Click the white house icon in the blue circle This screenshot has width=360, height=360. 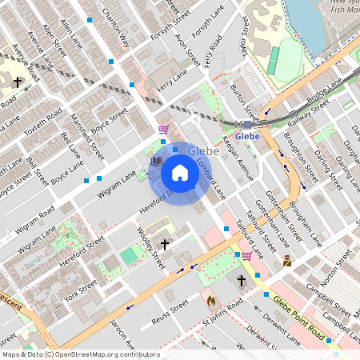pyautogui.click(x=180, y=172)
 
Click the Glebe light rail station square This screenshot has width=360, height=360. pyautogui.click(x=247, y=124)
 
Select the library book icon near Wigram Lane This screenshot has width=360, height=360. pyautogui.click(x=157, y=161)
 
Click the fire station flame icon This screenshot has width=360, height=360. pyautogui.click(x=211, y=300)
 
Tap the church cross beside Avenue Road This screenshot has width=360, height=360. pyautogui.click(x=18, y=82)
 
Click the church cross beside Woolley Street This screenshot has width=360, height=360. pyautogui.click(x=165, y=244)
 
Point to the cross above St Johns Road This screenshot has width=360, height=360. pyautogui.click(x=242, y=281)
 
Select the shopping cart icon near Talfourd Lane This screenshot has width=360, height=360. pyautogui.click(x=247, y=255)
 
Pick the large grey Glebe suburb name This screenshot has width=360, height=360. pyautogui.click(x=203, y=150)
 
